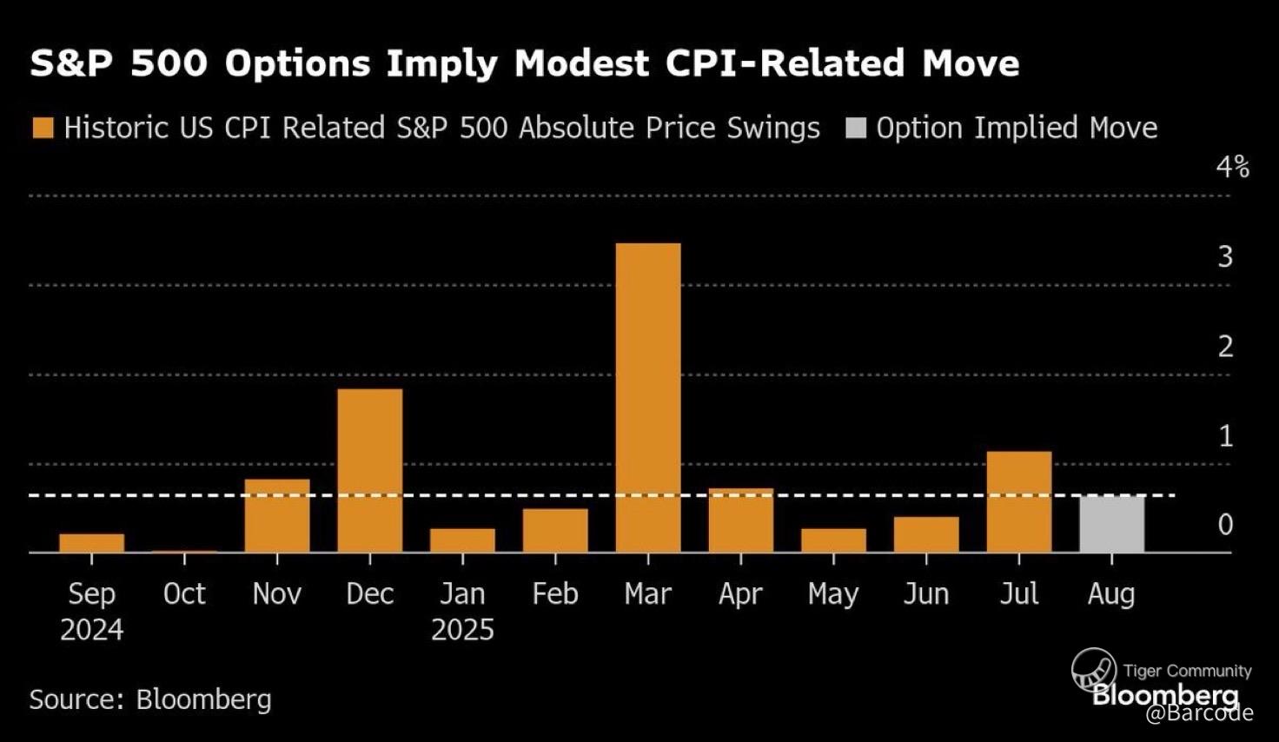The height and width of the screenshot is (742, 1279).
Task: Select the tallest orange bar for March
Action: (x=648, y=397)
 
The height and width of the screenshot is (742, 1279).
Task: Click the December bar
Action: (x=370, y=470)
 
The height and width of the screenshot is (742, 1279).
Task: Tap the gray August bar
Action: (x=1111, y=524)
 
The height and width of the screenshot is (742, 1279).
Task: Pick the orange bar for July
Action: (x=1018, y=501)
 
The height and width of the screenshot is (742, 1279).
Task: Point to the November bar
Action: (x=277, y=515)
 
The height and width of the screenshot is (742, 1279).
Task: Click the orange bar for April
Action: (x=740, y=520)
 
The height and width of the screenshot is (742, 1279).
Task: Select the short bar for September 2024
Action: (x=92, y=543)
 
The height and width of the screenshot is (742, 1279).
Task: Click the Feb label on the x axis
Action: (x=555, y=593)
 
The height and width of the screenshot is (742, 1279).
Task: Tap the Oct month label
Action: (x=184, y=593)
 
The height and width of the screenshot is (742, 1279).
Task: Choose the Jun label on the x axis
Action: (x=925, y=593)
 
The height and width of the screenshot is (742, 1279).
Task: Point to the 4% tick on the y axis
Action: (x=1232, y=167)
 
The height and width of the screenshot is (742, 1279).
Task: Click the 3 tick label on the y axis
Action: (x=1225, y=256)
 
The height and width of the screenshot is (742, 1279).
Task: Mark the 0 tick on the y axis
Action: (x=1225, y=524)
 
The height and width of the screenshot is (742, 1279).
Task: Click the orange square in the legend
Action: (x=43, y=129)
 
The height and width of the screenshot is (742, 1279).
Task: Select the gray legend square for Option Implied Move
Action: (x=856, y=129)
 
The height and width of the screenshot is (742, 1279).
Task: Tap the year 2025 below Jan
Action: (x=462, y=629)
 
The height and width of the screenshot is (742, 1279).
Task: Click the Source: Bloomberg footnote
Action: (x=150, y=699)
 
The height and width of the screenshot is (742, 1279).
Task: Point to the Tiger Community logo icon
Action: (x=1094, y=671)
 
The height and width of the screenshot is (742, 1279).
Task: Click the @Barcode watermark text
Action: (x=1199, y=713)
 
